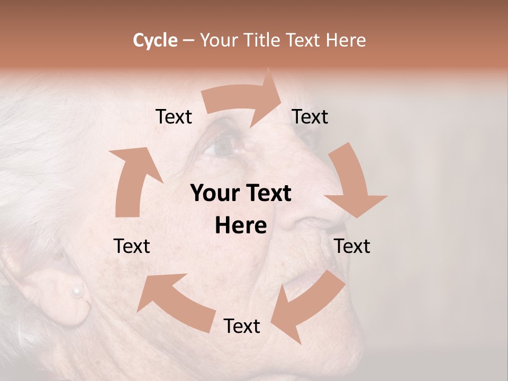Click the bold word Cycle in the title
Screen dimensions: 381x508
point(155,40)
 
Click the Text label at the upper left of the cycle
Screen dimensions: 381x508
point(174,116)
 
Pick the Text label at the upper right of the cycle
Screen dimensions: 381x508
point(310,116)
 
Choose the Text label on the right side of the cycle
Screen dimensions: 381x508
point(352,246)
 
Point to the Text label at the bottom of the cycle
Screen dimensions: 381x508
point(242,326)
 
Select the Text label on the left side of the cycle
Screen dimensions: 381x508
point(132,246)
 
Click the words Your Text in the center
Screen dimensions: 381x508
point(241,194)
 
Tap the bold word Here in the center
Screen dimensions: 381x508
point(241,226)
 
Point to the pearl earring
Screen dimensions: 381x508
point(77,291)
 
